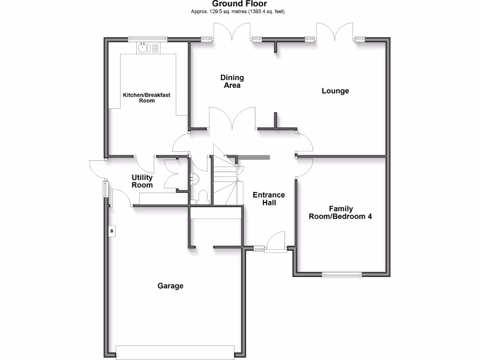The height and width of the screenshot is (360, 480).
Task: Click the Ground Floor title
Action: tap(240, 4)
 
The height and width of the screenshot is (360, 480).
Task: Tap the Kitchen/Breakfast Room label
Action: tap(146, 97)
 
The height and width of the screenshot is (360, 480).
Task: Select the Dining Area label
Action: tap(232, 81)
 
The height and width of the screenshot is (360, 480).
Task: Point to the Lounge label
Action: tap(335, 91)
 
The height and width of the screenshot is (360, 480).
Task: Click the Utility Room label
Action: tap(142, 181)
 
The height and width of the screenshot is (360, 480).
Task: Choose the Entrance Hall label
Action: tap(269, 199)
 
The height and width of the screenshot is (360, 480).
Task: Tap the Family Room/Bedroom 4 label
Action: tap(340, 212)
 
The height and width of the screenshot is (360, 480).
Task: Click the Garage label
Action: tap(170, 285)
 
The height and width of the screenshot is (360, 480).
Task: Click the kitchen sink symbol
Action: tap(148, 47)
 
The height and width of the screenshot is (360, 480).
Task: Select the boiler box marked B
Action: tap(112, 231)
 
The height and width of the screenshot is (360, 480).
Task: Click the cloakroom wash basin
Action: tap(195, 178)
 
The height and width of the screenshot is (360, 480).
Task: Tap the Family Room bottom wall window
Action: tap(342, 275)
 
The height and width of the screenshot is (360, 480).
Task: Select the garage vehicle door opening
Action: tap(175, 352)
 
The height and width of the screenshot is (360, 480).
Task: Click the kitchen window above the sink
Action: tap(148, 39)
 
